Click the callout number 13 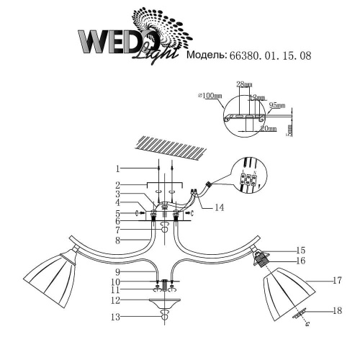pyautogui.click(x=117, y=315)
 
